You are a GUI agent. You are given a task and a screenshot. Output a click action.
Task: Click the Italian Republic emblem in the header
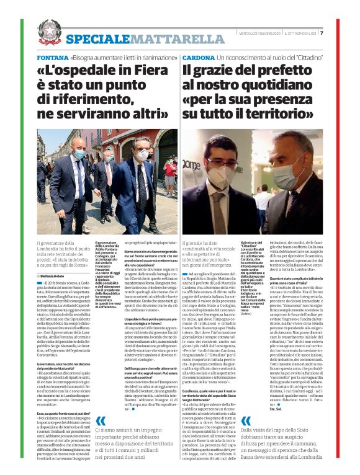click(x=49, y=31)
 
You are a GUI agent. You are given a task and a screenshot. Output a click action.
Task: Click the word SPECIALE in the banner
click(x=94, y=40)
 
